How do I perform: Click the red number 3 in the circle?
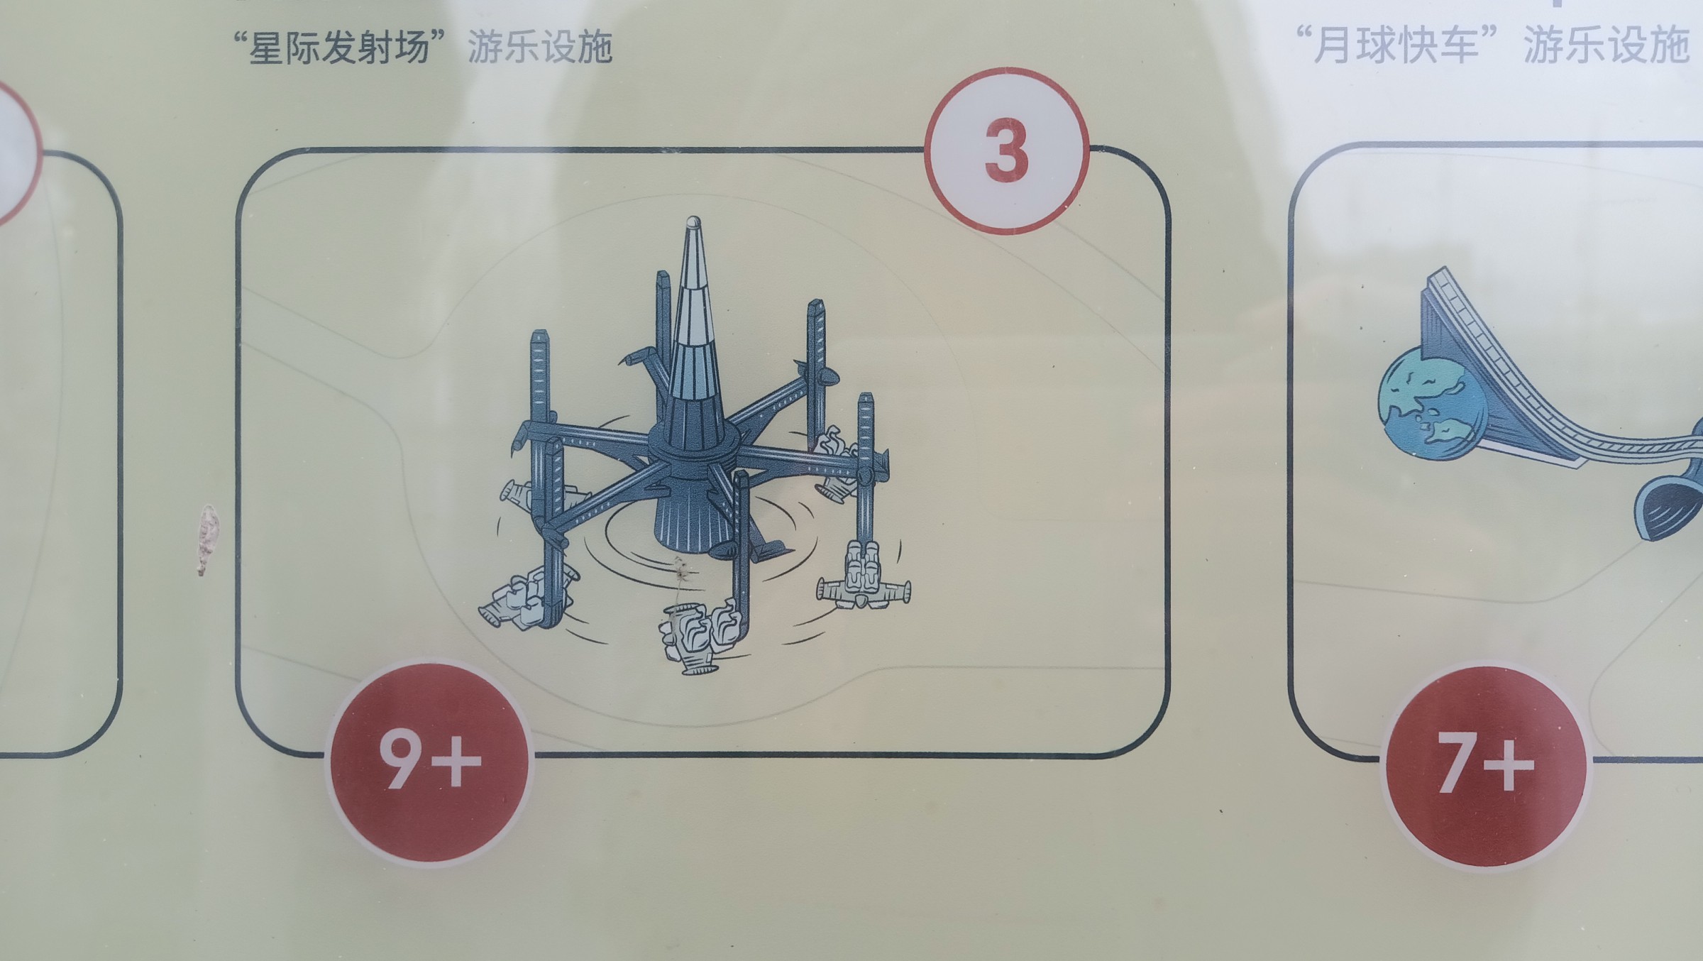[x=1006, y=150]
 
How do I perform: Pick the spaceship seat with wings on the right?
[x=864, y=576]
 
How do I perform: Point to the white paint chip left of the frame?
[x=206, y=538]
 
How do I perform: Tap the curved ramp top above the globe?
[x=1448, y=305]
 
